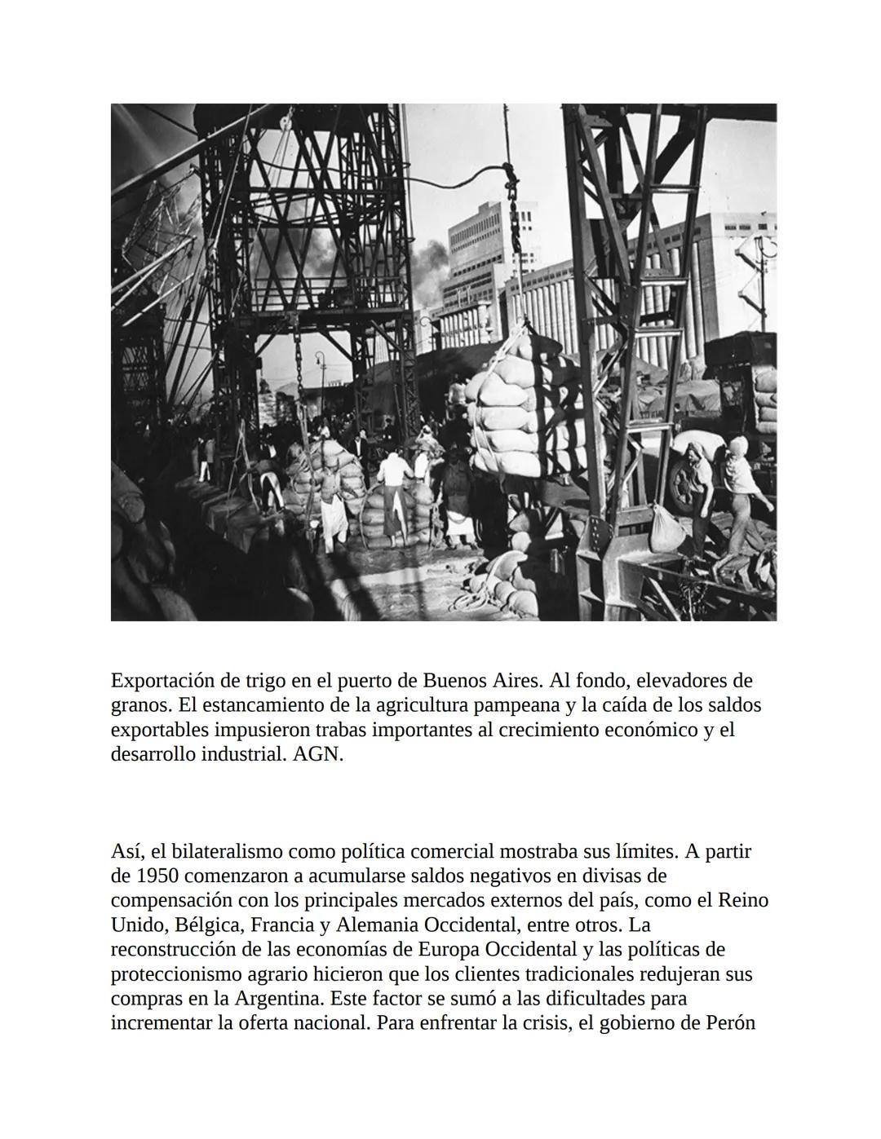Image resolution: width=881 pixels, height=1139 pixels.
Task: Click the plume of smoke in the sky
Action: pos(424,261)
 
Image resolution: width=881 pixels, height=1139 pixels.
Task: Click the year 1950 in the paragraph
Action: pos(157,876)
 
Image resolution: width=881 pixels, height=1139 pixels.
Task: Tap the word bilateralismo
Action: pos(219,852)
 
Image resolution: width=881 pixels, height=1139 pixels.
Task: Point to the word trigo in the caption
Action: pos(264,680)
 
